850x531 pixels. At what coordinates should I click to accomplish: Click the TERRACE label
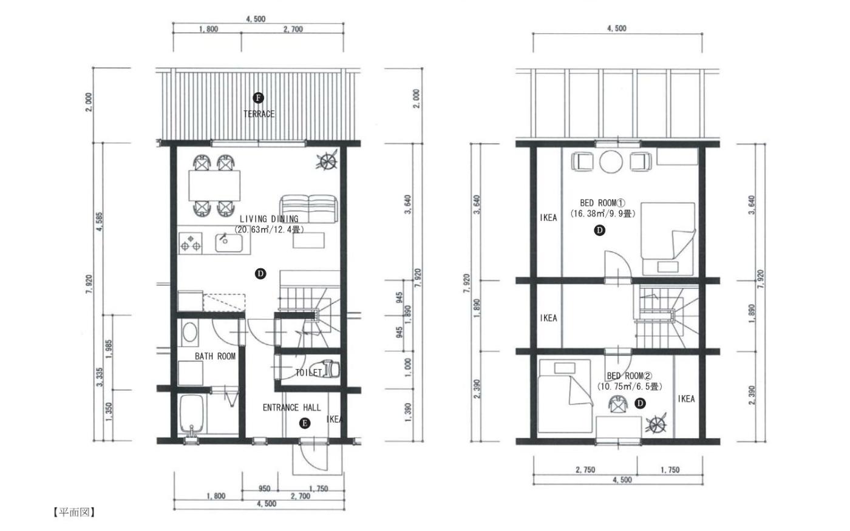pyautogui.click(x=259, y=114)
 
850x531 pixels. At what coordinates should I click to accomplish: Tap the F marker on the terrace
pyautogui.click(x=258, y=98)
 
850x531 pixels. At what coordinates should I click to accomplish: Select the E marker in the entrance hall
pyautogui.click(x=304, y=424)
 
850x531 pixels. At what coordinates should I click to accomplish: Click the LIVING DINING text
pyautogui.click(x=268, y=219)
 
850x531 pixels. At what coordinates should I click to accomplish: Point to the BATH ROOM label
pyautogui.click(x=215, y=356)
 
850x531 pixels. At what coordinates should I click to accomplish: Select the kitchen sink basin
pyautogui.click(x=229, y=243)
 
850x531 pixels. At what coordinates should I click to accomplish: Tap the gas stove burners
pyautogui.click(x=191, y=243)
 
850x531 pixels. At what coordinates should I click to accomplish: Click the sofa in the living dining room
pyautogui.click(x=308, y=209)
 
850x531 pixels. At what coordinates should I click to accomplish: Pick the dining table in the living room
pyautogui.click(x=214, y=186)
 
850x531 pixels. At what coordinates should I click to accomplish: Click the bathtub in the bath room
pyautogui.click(x=192, y=414)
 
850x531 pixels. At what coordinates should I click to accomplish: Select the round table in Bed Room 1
pyautogui.click(x=611, y=162)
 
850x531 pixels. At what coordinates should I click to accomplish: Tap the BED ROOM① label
pyautogui.click(x=602, y=203)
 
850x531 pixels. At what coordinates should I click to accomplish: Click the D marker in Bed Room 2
pyautogui.click(x=640, y=403)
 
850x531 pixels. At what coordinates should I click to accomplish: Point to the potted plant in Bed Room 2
pyautogui.click(x=656, y=424)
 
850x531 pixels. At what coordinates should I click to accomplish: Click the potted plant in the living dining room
pyautogui.click(x=327, y=161)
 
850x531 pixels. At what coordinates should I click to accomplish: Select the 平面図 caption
pyautogui.click(x=74, y=512)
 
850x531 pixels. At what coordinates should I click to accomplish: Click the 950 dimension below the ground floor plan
pyautogui.click(x=264, y=489)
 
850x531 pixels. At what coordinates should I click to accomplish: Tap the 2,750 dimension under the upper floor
pyautogui.click(x=585, y=470)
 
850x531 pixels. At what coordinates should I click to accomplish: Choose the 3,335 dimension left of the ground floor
pyautogui.click(x=100, y=377)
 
